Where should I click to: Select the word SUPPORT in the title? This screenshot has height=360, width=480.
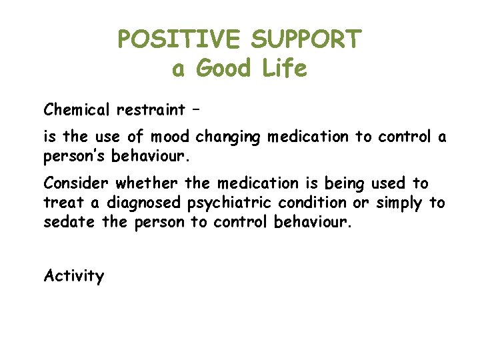[x=306, y=40]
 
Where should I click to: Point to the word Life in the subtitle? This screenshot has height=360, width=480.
[x=285, y=69]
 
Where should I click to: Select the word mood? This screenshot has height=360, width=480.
[x=170, y=137]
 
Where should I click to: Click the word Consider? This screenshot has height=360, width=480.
[x=77, y=183]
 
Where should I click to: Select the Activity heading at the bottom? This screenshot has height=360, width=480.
[x=74, y=276]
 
